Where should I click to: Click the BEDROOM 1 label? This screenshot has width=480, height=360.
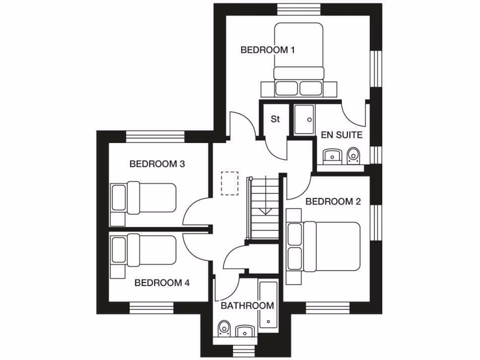point(267,50)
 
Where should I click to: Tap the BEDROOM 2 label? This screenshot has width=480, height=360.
point(333,202)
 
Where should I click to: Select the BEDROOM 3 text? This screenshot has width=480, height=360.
point(157,164)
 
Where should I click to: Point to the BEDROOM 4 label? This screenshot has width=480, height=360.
point(162,283)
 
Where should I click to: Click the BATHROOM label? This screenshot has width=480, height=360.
point(247,306)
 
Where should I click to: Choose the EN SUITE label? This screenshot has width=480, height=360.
point(342,135)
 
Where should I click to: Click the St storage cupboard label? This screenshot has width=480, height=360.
point(275,119)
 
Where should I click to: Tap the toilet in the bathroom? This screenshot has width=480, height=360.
point(225,328)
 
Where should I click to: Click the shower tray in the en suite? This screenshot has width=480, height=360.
point(304,120)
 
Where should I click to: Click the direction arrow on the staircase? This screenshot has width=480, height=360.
point(265,210)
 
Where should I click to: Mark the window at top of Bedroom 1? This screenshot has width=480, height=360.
point(299,9)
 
